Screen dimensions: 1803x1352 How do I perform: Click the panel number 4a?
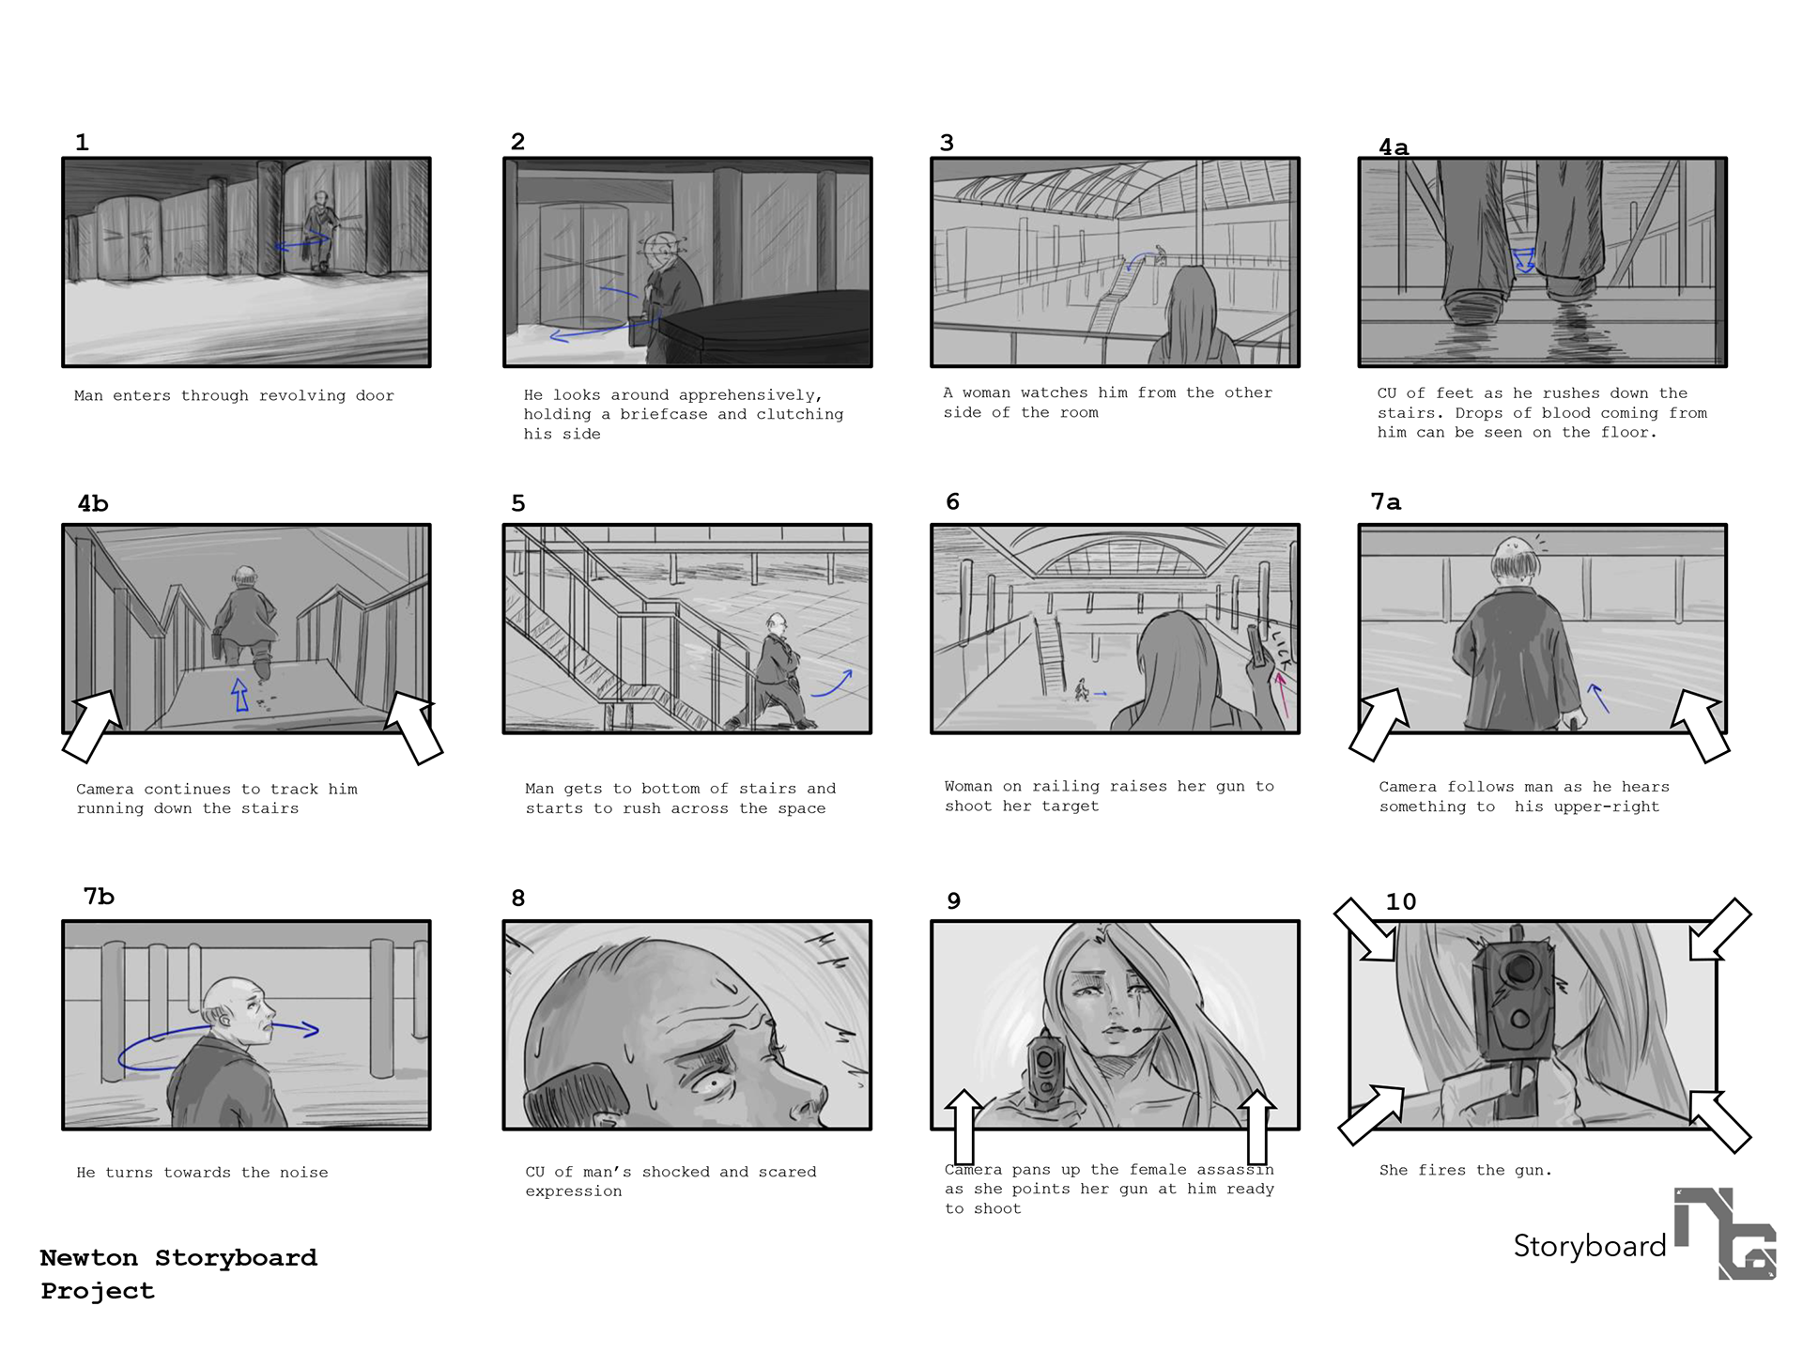pos(1394,147)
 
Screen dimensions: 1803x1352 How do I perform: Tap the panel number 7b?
pos(99,897)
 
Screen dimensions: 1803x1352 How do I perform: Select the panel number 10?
pos(1401,901)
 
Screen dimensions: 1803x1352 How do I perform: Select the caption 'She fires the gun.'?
pos(1465,1170)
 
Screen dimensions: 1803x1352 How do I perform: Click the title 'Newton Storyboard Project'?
pos(178,1274)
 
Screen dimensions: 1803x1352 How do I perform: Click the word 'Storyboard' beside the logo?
pos(1590,1246)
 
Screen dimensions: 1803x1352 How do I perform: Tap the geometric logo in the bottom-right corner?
pos(1725,1234)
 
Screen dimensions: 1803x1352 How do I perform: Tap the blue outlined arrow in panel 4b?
pos(240,695)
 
